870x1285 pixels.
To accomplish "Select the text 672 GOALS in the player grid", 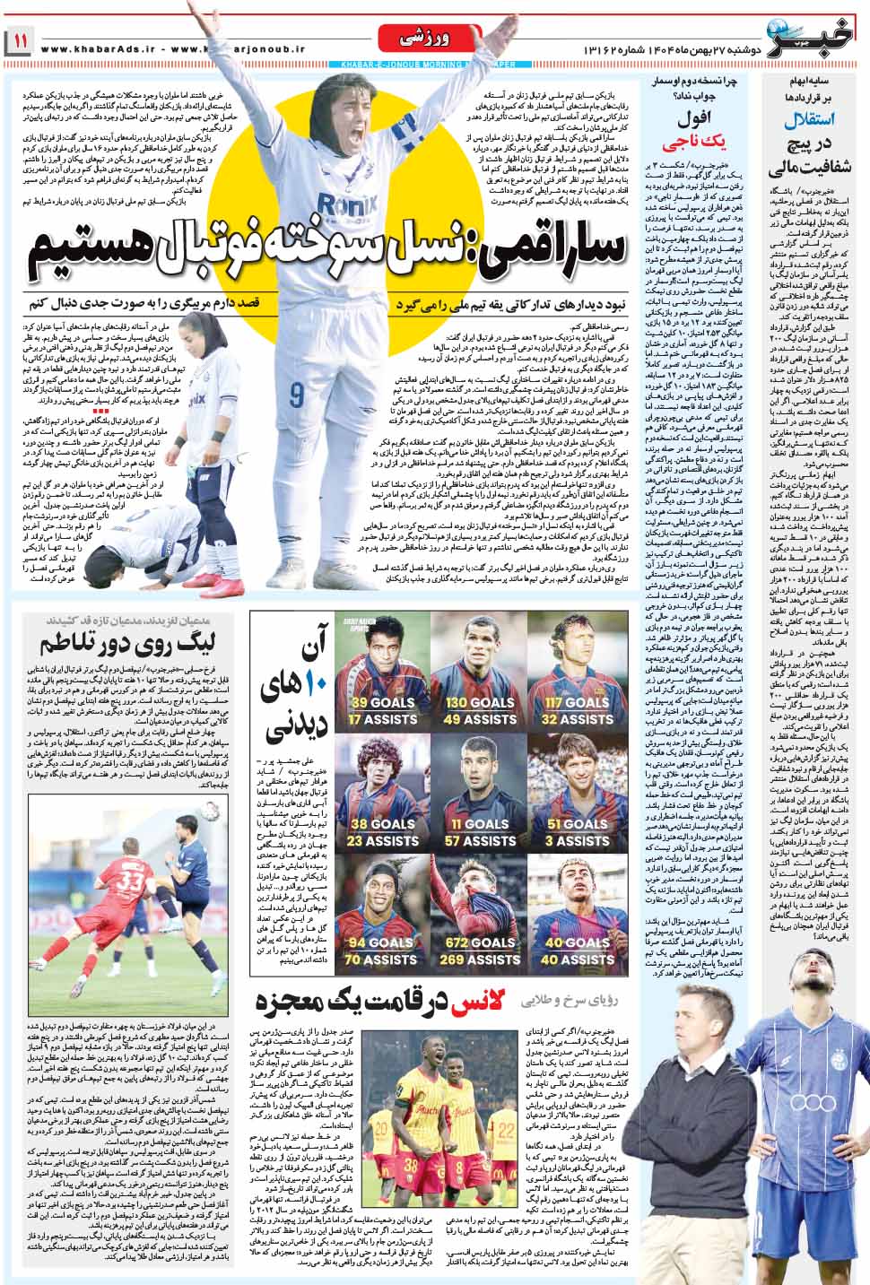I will (x=480, y=942).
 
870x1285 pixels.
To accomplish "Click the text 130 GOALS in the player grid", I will (x=480, y=703).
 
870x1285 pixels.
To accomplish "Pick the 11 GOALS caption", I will (x=480, y=824).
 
